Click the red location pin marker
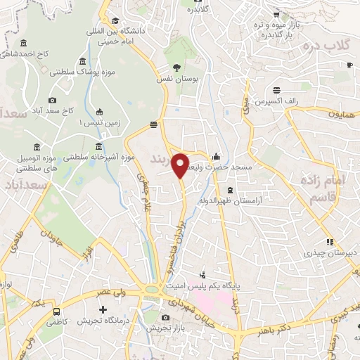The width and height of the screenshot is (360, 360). [181, 165]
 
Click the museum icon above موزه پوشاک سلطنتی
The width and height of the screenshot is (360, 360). [84, 60]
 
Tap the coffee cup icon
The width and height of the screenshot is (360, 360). [349, 65]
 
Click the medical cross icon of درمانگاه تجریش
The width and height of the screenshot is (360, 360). [103, 309]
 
